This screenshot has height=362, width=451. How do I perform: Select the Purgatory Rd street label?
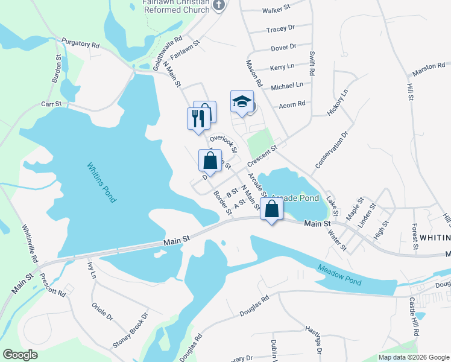80,44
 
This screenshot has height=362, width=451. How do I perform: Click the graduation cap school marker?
242,102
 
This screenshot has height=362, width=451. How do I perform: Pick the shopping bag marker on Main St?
272,210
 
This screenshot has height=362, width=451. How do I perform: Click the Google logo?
20,355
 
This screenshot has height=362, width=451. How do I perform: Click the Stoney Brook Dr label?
130,331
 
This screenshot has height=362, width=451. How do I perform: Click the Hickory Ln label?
338,103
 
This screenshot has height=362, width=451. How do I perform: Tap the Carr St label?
51,104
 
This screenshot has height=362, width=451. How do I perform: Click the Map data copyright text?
414,357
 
